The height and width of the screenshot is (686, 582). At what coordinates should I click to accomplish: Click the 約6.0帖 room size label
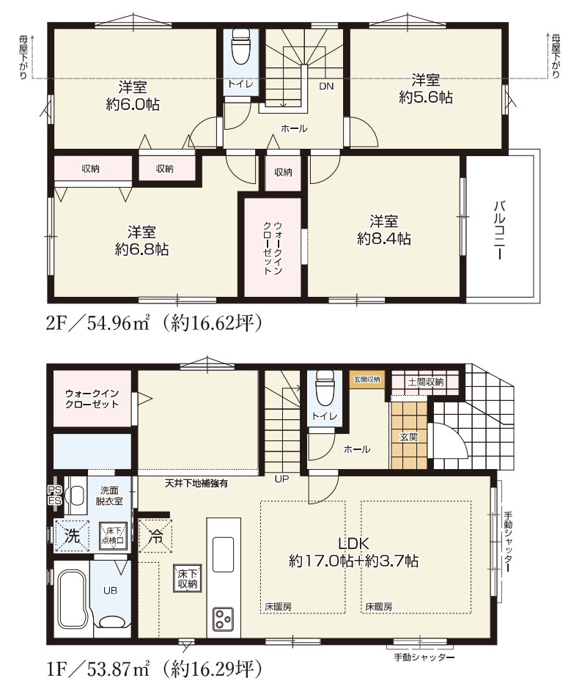click(133, 105)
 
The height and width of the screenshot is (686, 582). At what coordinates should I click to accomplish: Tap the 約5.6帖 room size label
click(425, 97)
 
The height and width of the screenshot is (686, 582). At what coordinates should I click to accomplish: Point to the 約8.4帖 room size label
click(383, 238)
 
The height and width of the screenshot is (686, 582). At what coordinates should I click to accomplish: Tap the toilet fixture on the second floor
click(241, 50)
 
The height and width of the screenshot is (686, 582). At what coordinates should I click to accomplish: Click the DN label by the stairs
click(325, 86)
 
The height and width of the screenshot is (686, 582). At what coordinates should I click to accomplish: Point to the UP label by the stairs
click(281, 479)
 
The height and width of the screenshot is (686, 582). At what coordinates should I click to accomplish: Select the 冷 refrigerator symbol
click(155, 535)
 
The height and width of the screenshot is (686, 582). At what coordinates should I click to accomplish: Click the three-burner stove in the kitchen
click(223, 619)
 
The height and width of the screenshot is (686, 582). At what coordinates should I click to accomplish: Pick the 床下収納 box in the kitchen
click(186, 579)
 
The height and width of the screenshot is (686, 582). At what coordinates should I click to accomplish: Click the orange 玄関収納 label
click(366, 380)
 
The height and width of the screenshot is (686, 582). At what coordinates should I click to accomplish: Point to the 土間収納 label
click(425, 382)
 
